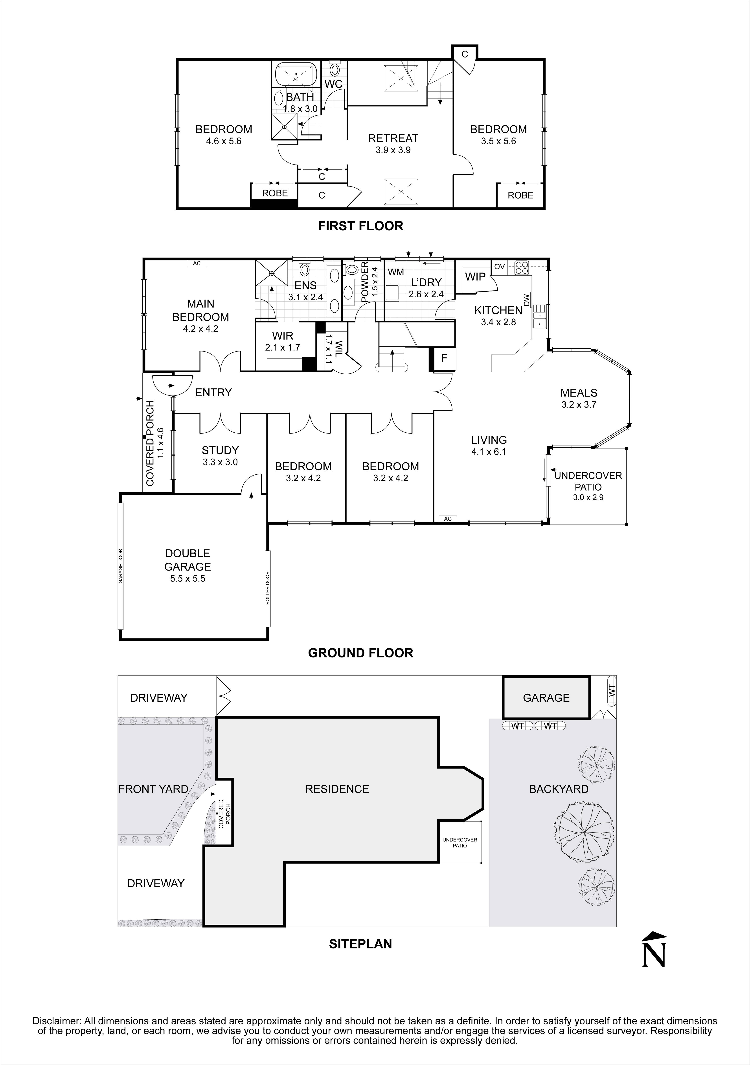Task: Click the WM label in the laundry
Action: coord(396,272)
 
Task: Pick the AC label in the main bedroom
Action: coord(197,263)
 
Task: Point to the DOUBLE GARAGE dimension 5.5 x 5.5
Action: coord(187,578)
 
